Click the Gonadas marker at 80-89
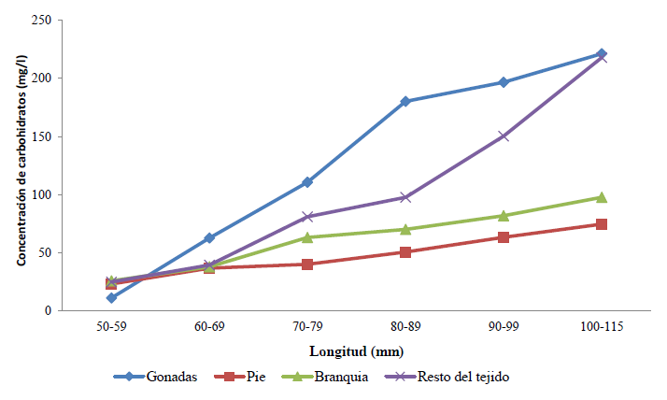tap(405, 101)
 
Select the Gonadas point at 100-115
tap(602, 54)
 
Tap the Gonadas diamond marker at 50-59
tap(111, 298)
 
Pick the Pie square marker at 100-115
tap(602, 224)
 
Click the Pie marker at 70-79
tap(307, 264)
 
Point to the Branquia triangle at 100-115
tap(602, 197)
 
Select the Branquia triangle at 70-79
tap(307, 237)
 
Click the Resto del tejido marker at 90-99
tap(504, 136)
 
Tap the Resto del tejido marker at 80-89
tap(405, 198)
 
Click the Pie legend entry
tap(248, 377)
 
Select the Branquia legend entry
tap(322, 377)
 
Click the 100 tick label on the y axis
tap(41, 194)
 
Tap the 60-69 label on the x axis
tap(209, 327)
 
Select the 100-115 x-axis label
tap(602, 327)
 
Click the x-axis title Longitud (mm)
tap(356, 352)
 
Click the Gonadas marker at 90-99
tap(504, 82)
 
